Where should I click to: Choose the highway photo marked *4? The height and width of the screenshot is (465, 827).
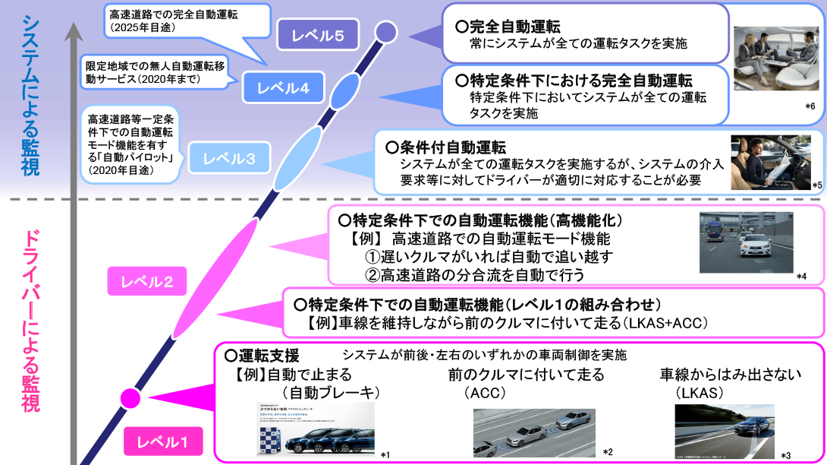(746, 242)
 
